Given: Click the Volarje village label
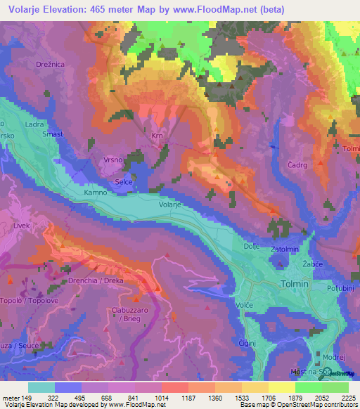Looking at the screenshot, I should pyautogui.click(x=170, y=204).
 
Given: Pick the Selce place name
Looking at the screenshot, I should pyautogui.click(x=124, y=181).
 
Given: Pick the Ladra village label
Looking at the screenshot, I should pyautogui.click(x=34, y=124).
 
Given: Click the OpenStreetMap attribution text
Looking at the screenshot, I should pyautogui.click(x=324, y=404).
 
